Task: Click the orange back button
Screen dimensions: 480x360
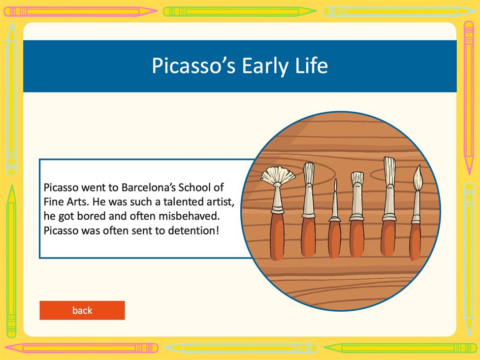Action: point(82,310)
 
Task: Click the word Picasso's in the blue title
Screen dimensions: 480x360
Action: point(193,65)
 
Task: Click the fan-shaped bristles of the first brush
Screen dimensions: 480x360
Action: point(278,174)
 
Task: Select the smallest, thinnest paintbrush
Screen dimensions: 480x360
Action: point(335,219)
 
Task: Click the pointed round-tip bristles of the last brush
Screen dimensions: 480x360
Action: point(418,178)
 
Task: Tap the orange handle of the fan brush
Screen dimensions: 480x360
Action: point(277,236)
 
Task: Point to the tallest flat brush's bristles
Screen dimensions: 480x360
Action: point(389,171)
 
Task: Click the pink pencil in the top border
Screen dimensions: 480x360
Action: point(80,12)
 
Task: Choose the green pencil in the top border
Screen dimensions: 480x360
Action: point(240,12)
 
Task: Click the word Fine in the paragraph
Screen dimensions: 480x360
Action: point(53,201)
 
